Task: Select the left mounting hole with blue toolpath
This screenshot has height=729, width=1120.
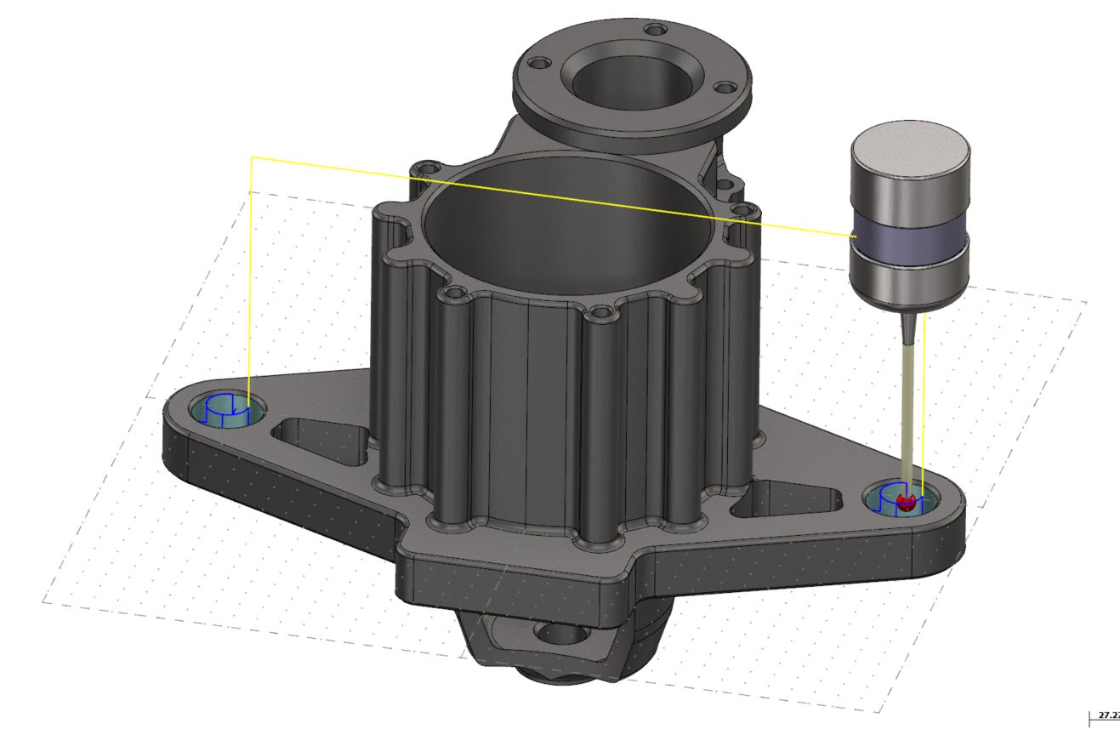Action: [x=225, y=411]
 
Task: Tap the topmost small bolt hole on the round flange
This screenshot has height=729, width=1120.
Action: [x=654, y=30]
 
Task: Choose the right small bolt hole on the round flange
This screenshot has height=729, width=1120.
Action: [x=724, y=87]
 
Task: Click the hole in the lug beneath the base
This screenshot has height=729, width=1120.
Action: [x=556, y=634]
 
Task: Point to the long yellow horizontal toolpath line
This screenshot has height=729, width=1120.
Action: [x=553, y=196]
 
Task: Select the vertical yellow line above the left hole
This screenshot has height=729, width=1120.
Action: [x=251, y=281]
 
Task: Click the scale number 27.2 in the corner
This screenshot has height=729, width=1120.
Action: [x=1109, y=715]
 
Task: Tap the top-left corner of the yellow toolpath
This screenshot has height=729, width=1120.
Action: [x=251, y=158]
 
